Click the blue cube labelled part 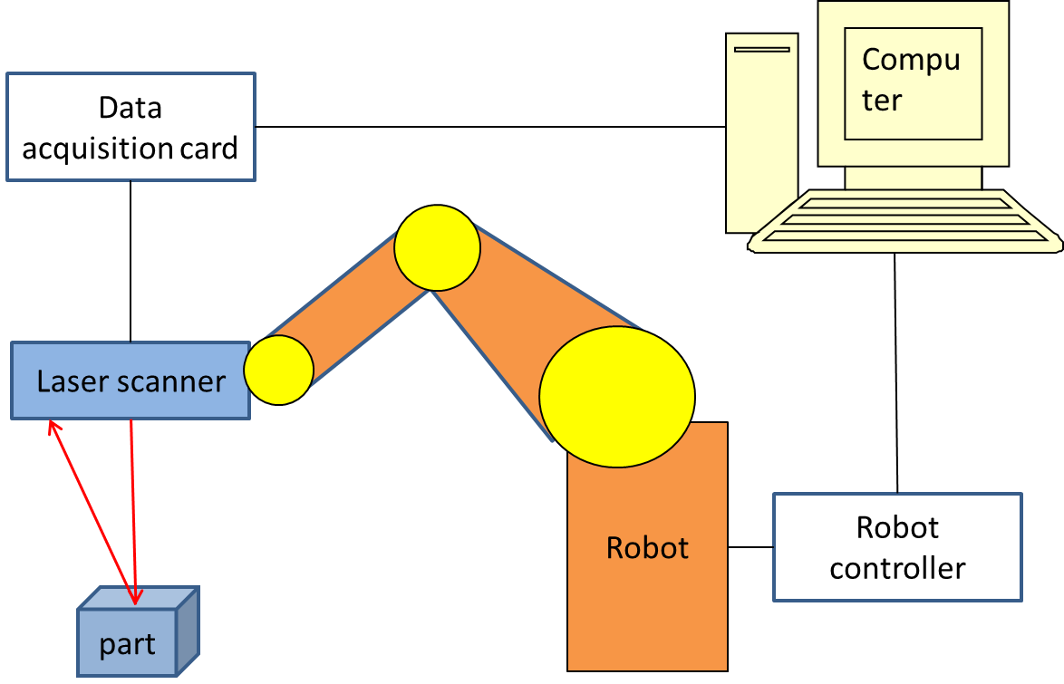click(x=127, y=643)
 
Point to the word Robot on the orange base click(x=647, y=548)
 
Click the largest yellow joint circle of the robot click(x=617, y=396)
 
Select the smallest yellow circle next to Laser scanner click(x=278, y=370)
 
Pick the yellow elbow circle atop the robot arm click(x=437, y=247)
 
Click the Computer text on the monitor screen click(x=911, y=80)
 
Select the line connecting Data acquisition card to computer click(x=489, y=127)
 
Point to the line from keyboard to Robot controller click(x=896, y=371)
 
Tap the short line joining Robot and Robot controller click(x=750, y=547)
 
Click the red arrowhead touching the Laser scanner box click(x=53, y=428)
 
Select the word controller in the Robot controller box click(x=897, y=569)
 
